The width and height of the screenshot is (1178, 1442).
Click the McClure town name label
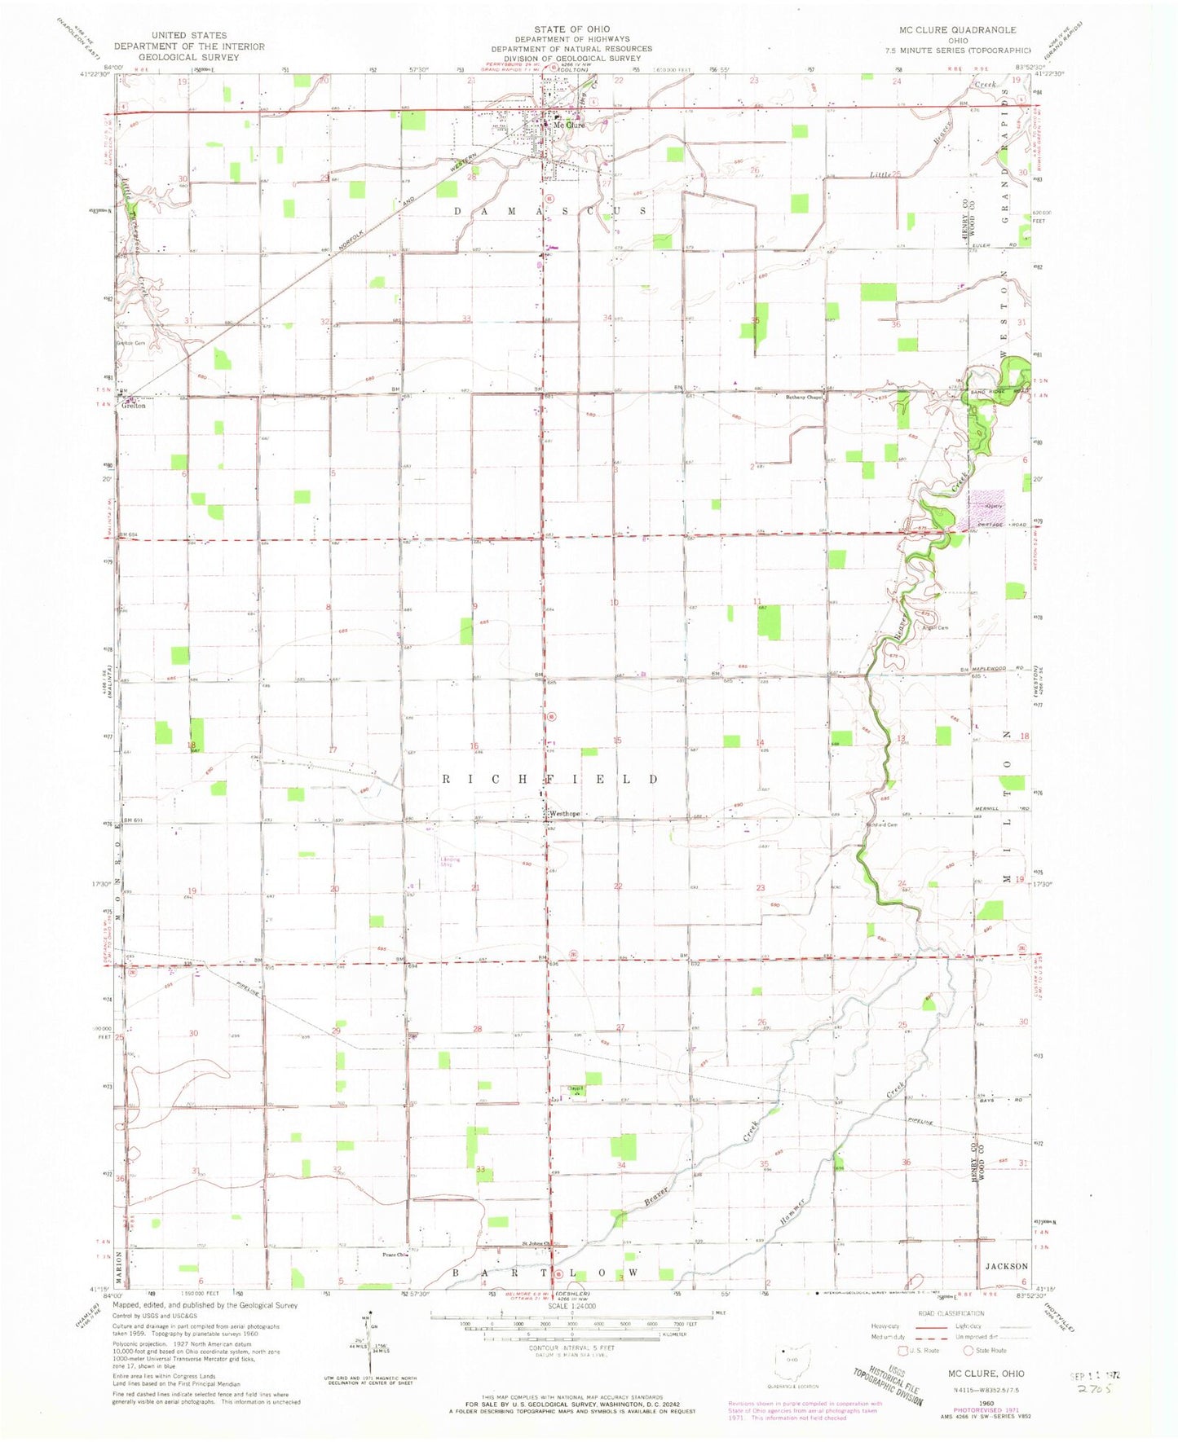point(571,125)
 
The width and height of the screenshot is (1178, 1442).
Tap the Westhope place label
point(564,813)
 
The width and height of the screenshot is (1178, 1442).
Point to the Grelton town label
point(135,406)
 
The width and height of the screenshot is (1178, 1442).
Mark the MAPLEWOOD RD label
point(1007,669)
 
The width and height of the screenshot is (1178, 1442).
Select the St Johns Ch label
point(538,1243)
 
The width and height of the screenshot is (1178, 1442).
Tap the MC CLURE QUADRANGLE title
point(957,29)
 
